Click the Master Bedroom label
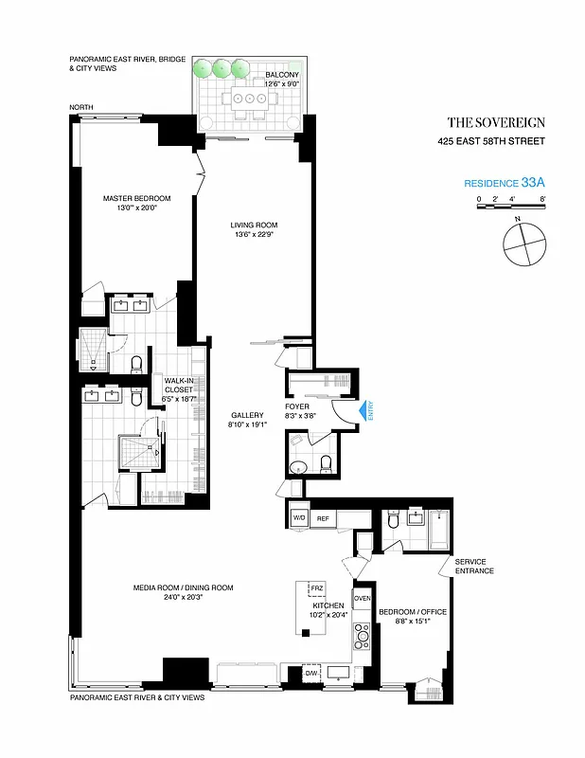(x=136, y=198)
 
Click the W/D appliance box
(x=298, y=518)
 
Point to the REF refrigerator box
(x=322, y=518)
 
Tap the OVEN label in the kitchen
(x=362, y=599)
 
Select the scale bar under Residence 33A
(x=511, y=205)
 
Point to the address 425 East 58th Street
(x=490, y=142)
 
